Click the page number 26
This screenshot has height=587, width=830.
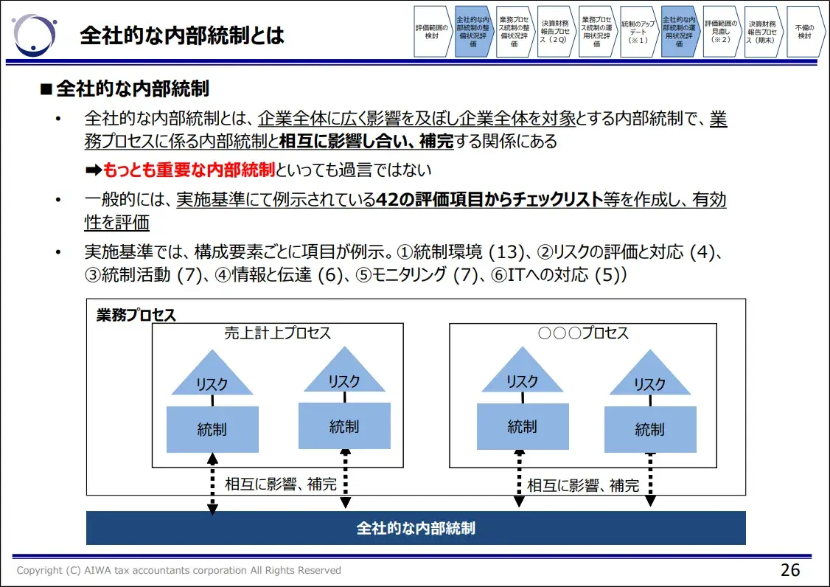(790, 570)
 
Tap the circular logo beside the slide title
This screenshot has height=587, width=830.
(35, 35)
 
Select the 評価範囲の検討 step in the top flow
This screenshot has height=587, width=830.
(431, 31)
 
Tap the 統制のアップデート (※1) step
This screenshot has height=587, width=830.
(638, 31)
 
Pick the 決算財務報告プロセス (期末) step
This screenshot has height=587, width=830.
(761, 31)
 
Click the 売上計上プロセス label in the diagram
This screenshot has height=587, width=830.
(278, 333)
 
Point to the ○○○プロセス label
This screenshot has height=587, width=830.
(583, 333)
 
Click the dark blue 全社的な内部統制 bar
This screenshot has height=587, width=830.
(416, 528)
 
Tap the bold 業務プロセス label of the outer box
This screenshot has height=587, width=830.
(136, 315)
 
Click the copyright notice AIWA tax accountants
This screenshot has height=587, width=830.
(179, 570)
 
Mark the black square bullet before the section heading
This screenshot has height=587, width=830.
(46, 90)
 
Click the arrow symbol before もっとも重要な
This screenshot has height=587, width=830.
(93, 170)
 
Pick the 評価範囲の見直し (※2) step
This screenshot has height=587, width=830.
(720, 31)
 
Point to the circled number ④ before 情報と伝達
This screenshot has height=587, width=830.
(203, 275)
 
